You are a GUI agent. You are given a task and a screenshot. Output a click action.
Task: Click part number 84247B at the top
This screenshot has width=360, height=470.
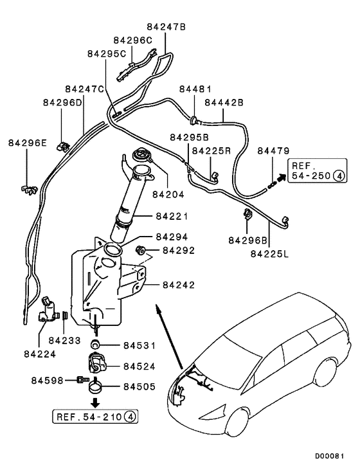click(166, 27)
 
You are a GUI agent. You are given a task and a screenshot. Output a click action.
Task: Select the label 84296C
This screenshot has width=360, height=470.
click(134, 40)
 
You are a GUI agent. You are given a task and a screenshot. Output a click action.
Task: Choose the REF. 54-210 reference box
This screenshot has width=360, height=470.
click(96, 417)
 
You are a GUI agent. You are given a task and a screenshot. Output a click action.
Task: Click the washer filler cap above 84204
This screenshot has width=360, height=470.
click(139, 156)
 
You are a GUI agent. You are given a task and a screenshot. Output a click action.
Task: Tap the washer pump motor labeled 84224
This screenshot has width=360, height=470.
click(49, 312)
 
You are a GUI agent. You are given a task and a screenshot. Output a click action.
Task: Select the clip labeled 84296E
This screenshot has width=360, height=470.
click(27, 188)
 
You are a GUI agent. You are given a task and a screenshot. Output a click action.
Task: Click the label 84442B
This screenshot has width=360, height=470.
click(224, 102)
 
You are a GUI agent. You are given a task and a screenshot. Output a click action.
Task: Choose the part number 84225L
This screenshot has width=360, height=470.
click(269, 254)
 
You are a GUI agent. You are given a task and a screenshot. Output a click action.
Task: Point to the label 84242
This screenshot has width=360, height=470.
click(179, 284)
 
